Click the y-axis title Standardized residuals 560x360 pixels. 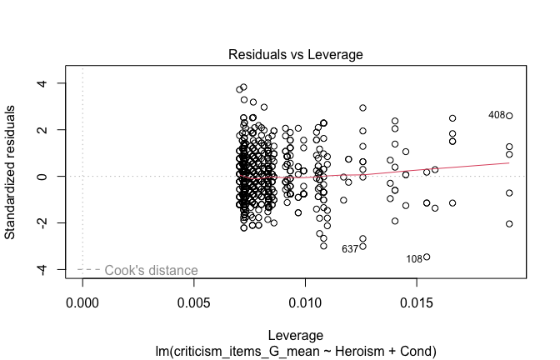pyautogui.click(x=12, y=177)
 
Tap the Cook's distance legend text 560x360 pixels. pyautogui.click(x=152, y=270)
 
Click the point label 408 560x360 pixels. pyautogui.click(x=497, y=115)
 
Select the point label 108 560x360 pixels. pyautogui.click(x=414, y=259)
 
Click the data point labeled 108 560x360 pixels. pyautogui.click(x=427, y=257)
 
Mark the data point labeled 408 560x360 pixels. pyautogui.click(x=509, y=116)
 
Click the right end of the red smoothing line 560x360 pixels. pyautogui.click(x=509, y=162)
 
